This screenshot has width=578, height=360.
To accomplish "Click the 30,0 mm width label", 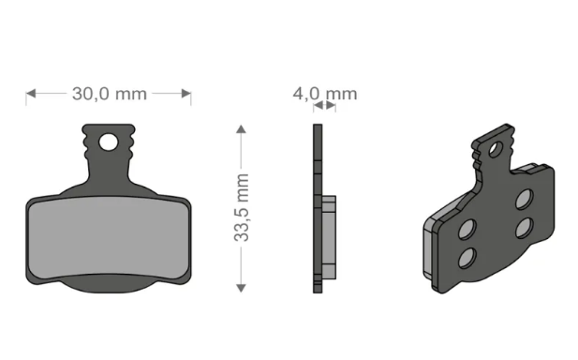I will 109,94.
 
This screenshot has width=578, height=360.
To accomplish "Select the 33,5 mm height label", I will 242,207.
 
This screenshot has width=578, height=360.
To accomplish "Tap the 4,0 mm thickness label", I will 325,94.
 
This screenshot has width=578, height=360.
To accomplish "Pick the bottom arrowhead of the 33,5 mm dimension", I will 242,285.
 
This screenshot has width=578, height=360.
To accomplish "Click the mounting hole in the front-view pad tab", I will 111,142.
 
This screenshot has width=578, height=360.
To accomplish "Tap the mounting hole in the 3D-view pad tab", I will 494,148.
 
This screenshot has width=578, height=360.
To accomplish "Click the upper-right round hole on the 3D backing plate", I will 524,198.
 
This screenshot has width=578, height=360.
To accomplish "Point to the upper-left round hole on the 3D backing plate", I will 467,228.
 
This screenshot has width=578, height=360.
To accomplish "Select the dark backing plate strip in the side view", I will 317,206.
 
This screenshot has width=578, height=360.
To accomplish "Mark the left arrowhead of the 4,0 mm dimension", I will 316,108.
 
